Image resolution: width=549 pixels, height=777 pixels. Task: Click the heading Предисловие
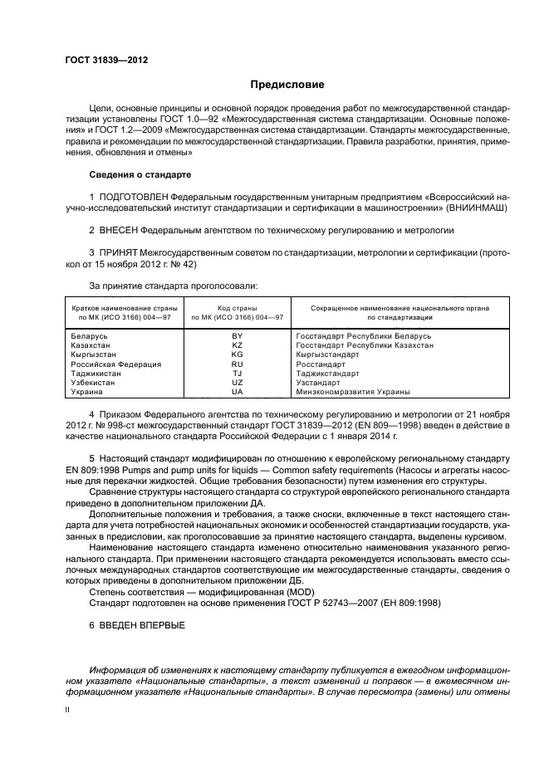(287, 85)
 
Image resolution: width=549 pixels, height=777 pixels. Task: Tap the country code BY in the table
(237, 335)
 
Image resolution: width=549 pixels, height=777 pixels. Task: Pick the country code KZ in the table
(237, 345)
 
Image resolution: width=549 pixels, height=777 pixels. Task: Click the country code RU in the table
(237, 364)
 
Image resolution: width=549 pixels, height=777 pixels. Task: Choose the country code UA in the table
(237, 392)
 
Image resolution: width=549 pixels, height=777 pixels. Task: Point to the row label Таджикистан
(96, 374)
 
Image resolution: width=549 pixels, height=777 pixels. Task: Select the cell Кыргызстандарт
(327, 354)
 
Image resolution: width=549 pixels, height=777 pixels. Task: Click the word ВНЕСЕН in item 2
(120, 229)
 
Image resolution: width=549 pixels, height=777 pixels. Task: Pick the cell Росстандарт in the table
(321, 364)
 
